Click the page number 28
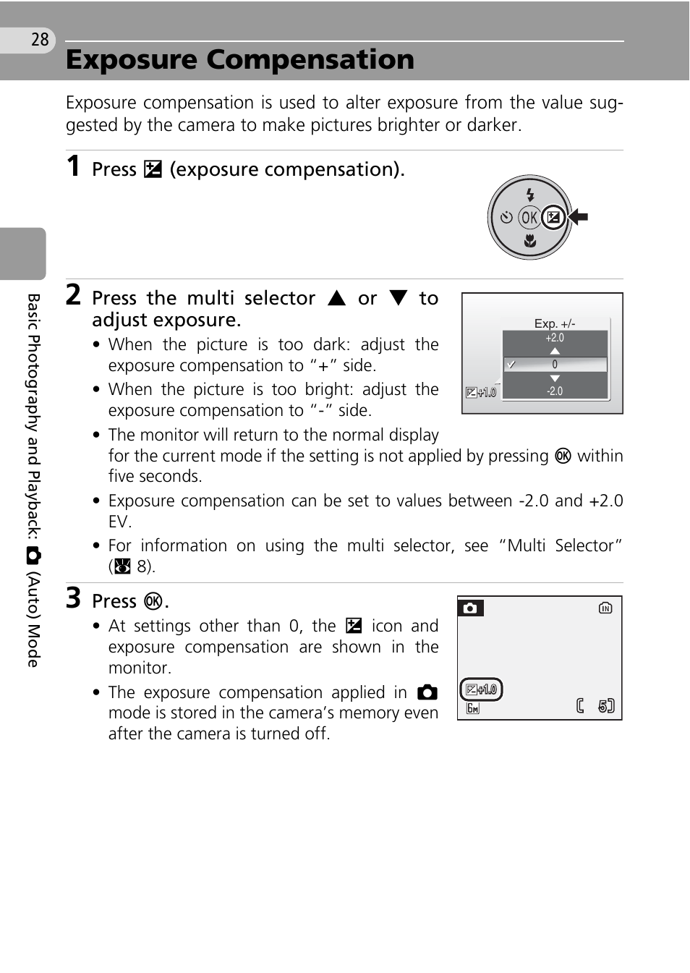pos(40,39)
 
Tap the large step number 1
pos(73,166)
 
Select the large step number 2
pos(73,294)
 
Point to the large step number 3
pos(73,598)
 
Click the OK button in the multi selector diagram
pos(529,217)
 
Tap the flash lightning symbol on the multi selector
pos(530,194)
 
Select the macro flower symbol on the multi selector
pos(530,241)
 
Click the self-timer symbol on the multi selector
pos(506,217)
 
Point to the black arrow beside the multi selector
pos(579,216)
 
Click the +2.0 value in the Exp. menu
pos(555,338)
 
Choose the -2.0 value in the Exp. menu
pos(555,391)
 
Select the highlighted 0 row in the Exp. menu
pos(555,365)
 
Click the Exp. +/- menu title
pos(555,323)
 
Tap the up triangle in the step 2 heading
pos(337,298)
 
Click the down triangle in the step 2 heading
pos(399,298)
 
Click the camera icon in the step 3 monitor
pos(470,608)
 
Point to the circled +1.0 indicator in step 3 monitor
pos(482,689)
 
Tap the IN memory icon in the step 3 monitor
pos(605,608)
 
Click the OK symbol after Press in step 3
pos(153,601)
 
